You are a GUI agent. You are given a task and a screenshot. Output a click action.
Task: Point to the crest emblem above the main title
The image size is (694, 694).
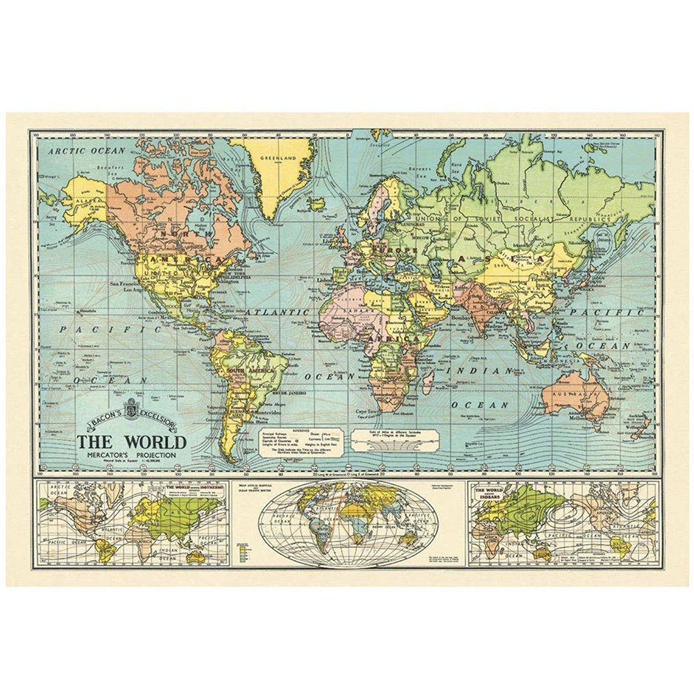132,408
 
